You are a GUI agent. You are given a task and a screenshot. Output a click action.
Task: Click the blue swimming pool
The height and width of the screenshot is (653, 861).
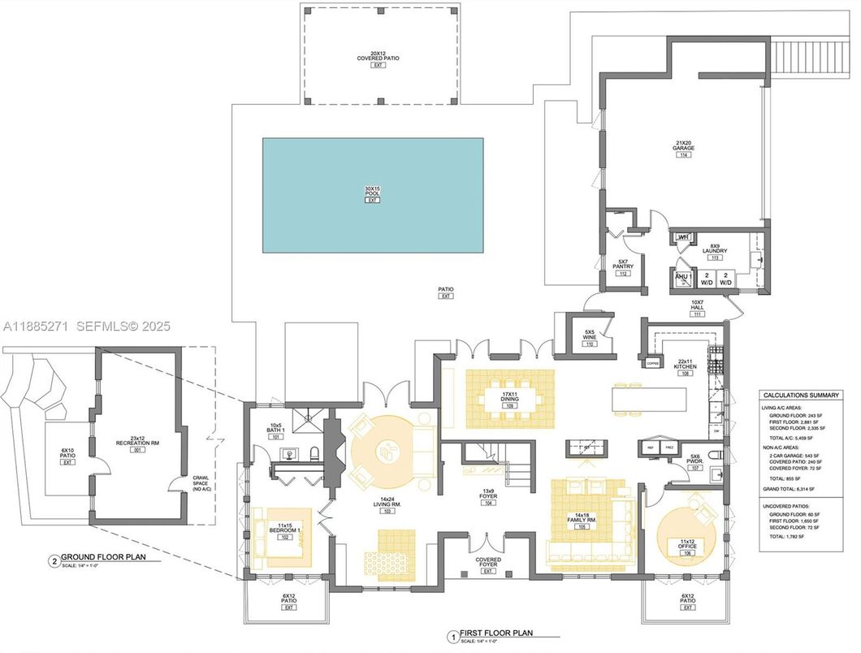point(373,194)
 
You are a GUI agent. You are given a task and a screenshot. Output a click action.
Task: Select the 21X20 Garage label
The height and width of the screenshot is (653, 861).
point(684,147)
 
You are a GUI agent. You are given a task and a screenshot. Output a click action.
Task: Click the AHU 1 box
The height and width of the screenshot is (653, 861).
point(682,277)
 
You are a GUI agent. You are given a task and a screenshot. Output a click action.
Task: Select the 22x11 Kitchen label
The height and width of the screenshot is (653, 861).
point(685,366)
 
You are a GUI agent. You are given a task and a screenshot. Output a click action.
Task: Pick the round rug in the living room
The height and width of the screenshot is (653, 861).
point(386,450)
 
